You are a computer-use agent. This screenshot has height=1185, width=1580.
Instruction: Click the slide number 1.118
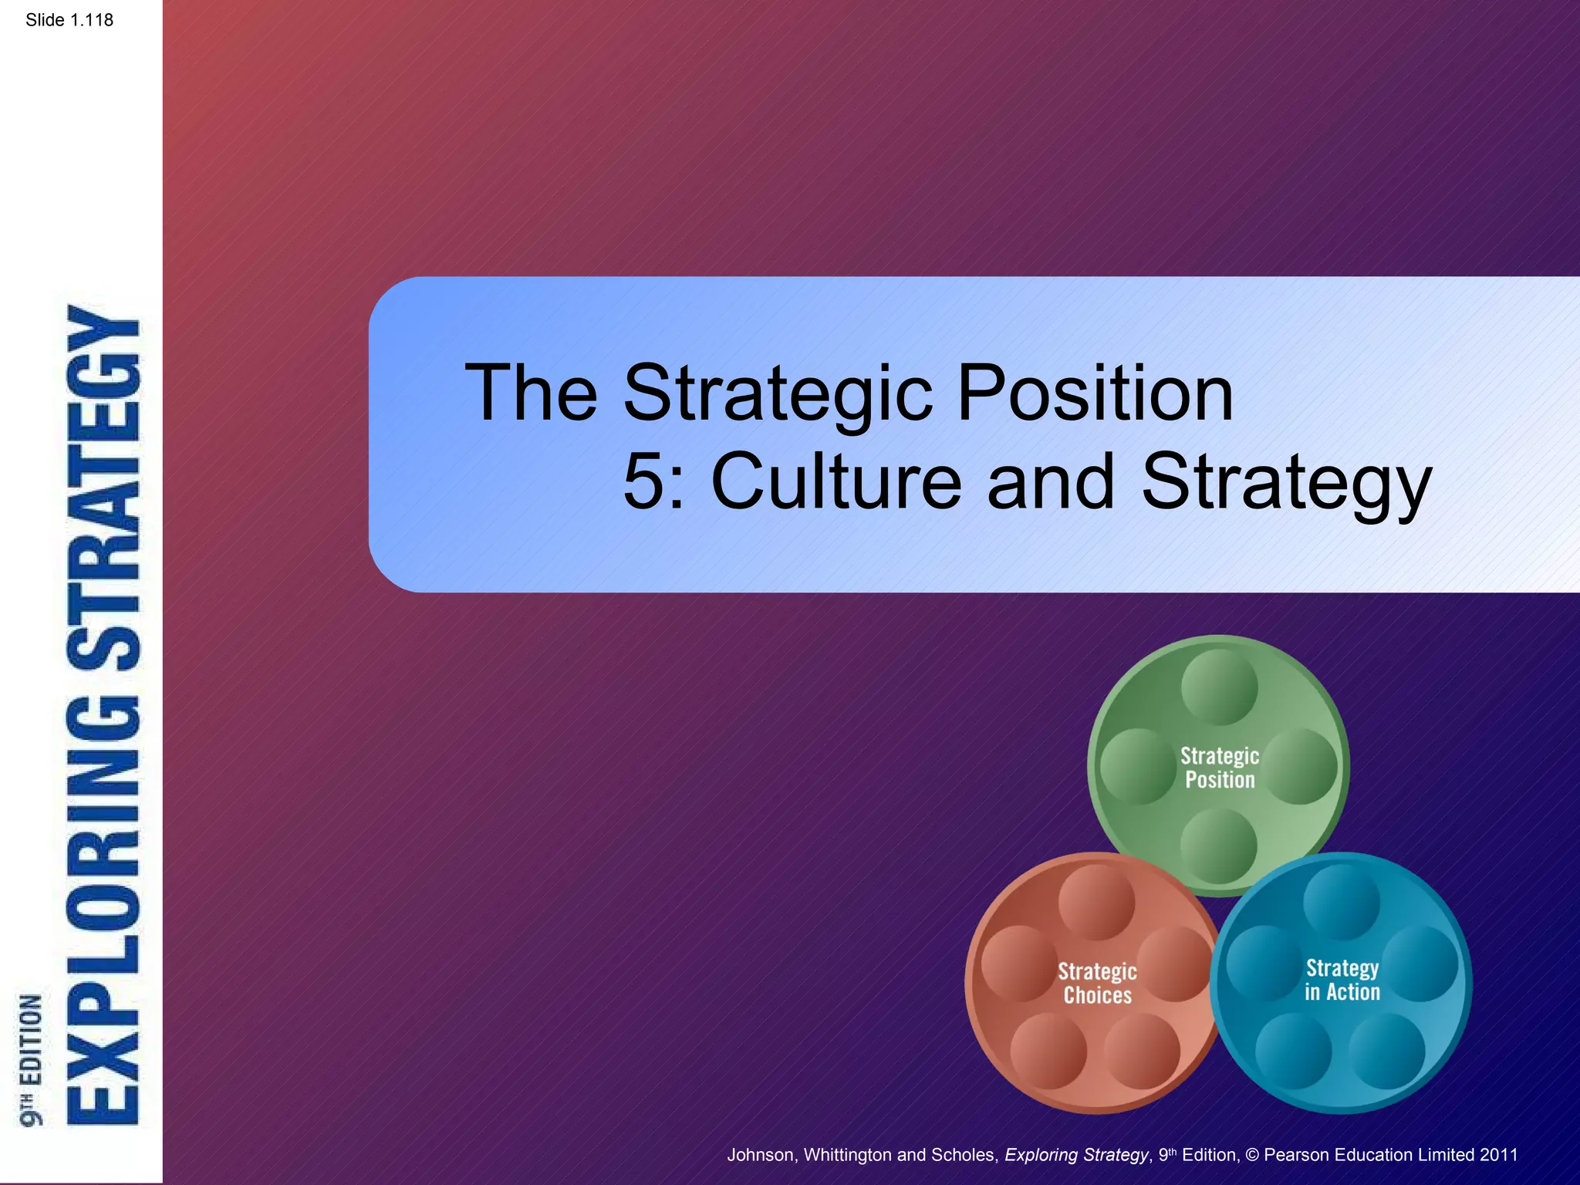pos(69,20)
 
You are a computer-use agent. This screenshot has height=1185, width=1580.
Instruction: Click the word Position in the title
pos(1095,393)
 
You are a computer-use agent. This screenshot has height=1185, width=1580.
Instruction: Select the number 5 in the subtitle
pos(643,482)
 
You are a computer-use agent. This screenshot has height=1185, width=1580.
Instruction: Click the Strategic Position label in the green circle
pos(1220,768)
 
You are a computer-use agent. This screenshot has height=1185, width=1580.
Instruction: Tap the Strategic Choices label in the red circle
pos(1097,983)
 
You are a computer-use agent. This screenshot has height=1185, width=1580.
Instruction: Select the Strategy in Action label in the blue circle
pos(1342,980)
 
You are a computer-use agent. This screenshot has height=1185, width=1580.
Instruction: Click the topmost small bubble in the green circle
pos(1219,687)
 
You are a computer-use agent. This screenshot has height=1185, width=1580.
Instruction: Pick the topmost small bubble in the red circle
pos(1096,902)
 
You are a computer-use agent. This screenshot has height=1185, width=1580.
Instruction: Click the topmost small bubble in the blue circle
pos(1342,901)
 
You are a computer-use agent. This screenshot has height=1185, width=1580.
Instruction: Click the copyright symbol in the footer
pos(1251,1155)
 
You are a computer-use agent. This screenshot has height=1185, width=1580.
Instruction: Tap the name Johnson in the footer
pos(761,1155)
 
